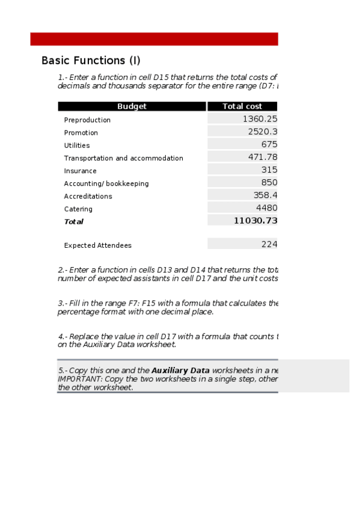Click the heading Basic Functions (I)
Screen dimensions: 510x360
click(91, 61)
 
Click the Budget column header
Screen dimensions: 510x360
click(132, 106)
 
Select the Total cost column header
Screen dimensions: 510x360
click(242, 106)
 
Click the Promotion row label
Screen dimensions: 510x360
click(81, 133)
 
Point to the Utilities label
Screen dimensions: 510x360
click(77, 146)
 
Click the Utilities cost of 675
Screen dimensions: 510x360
click(269, 144)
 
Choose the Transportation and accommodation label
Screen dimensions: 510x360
click(123, 158)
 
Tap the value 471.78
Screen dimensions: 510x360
click(262, 157)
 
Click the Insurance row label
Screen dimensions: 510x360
click(80, 171)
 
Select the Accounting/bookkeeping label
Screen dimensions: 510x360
click(106, 183)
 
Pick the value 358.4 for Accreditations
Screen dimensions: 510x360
click(265, 195)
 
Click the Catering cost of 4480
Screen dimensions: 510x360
click(266, 208)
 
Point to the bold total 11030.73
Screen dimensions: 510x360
click(255, 221)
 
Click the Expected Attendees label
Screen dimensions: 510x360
click(97, 245)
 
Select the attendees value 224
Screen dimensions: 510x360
click(269, 244)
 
